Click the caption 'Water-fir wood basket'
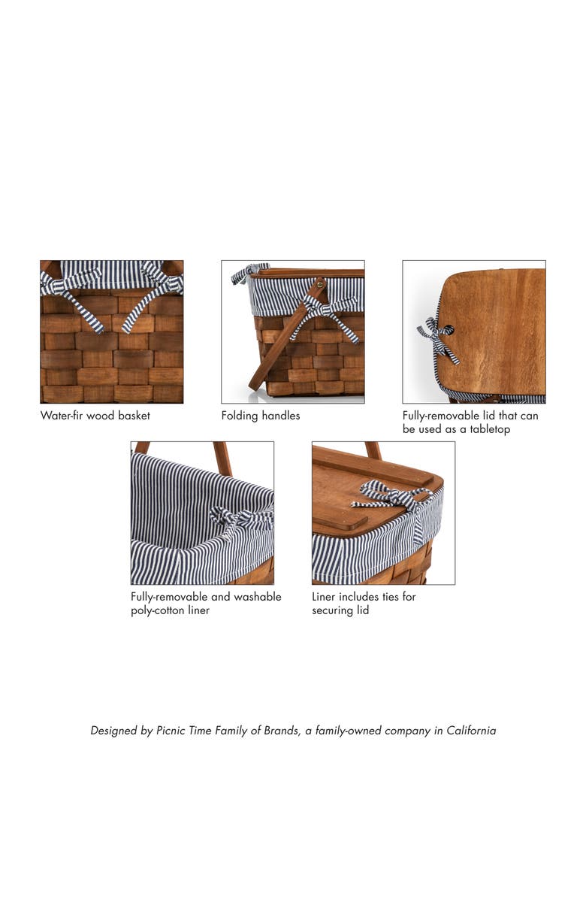click(95, 415)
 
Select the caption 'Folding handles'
click(260, 415)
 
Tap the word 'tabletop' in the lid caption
click(488, 429)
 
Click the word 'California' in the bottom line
click(471, 730)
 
